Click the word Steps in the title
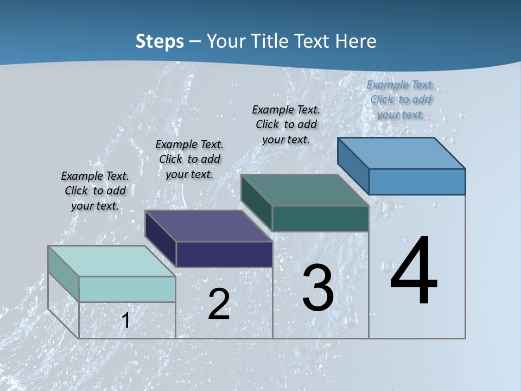pos(160,41)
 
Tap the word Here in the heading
pos(355,41)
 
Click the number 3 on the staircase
pos(318,287)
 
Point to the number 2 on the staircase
pos(219,304)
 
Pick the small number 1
pos(125,320)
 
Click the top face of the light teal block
pos(111,261)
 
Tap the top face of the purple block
pos(208,226)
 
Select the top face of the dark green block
pos(304,190)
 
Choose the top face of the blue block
pos(401,153)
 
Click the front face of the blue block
pos(417,181)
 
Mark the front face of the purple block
pos(224,254)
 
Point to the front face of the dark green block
pos(320,218)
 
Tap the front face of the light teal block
pos(127,289)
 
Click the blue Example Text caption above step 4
pos(401,99)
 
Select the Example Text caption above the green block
pos(286,124)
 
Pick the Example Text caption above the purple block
pos(189,159)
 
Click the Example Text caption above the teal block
pos(95,191)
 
